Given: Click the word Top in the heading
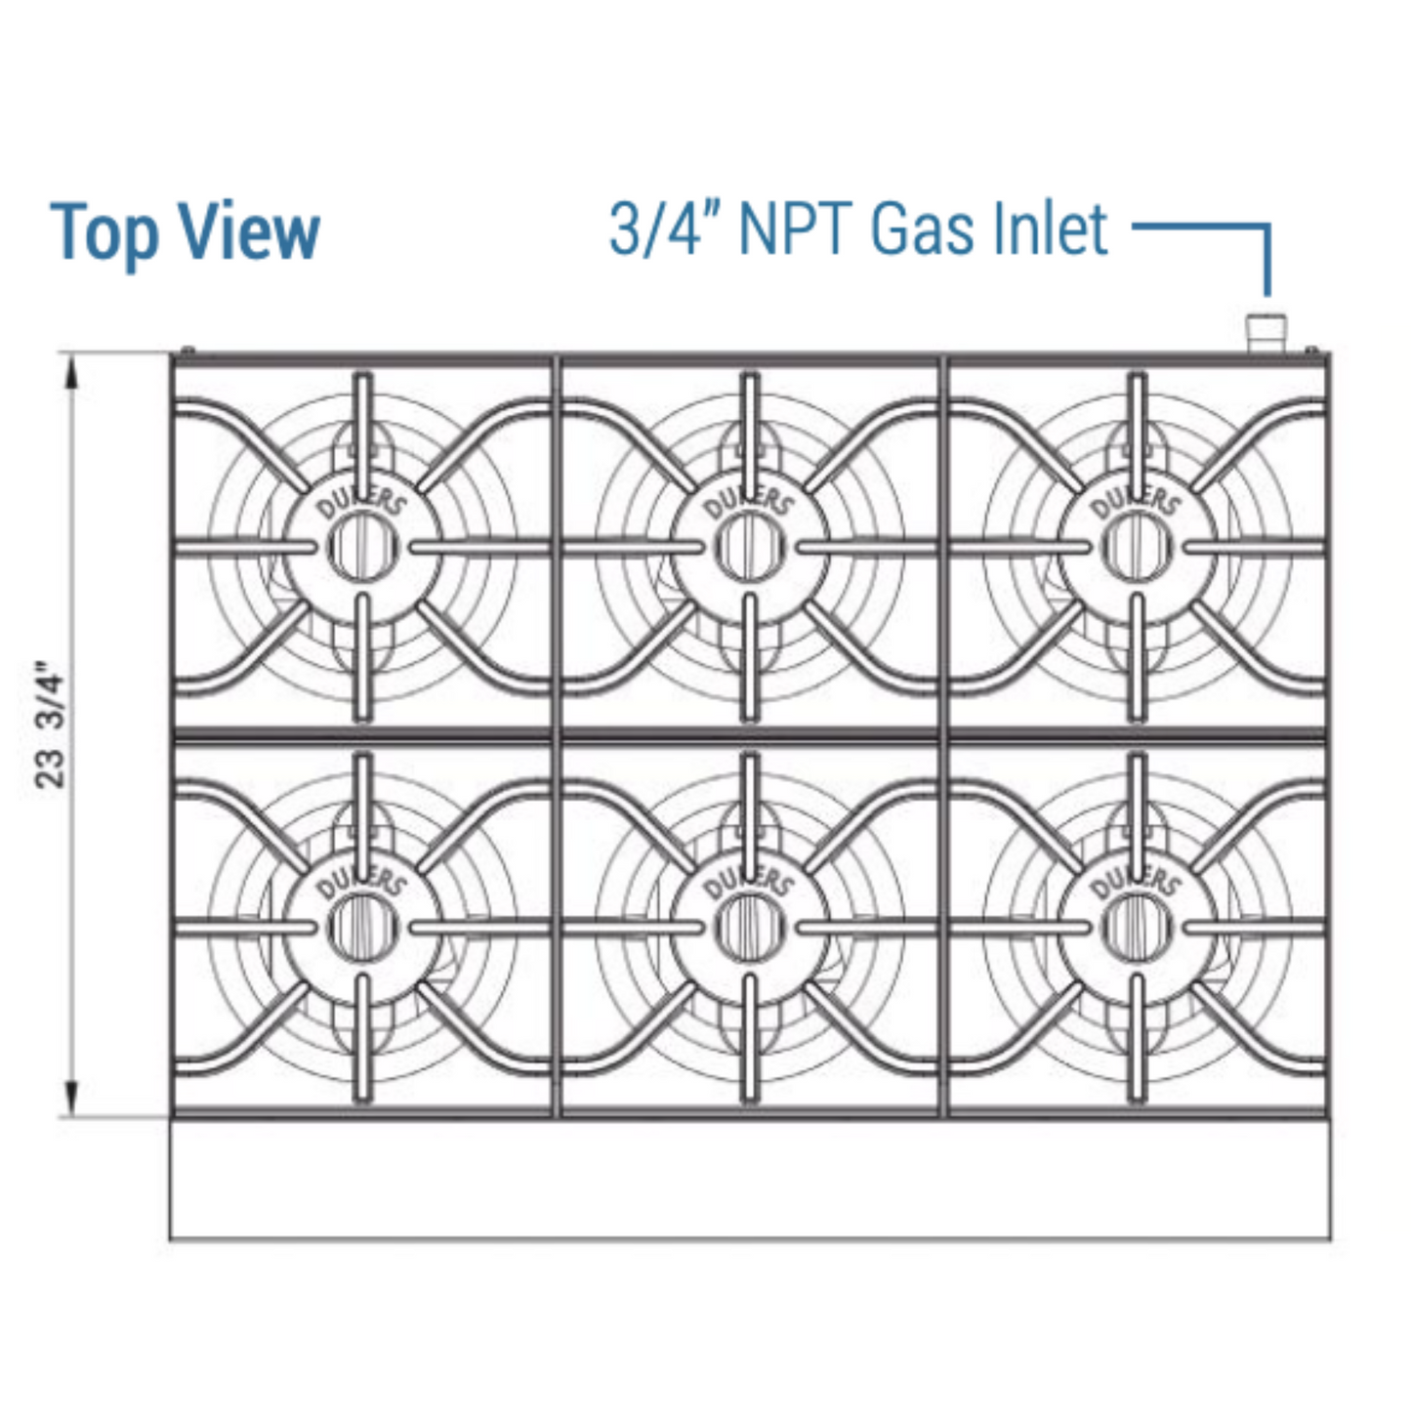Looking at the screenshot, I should [104, 232].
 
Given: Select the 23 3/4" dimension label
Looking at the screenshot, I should [51, 726].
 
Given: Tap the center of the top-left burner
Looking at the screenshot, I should [362, 546].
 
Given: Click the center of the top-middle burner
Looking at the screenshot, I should [749, 546].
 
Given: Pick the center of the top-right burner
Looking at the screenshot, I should [1136, 546].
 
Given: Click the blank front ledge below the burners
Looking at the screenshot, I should [750, 1180].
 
